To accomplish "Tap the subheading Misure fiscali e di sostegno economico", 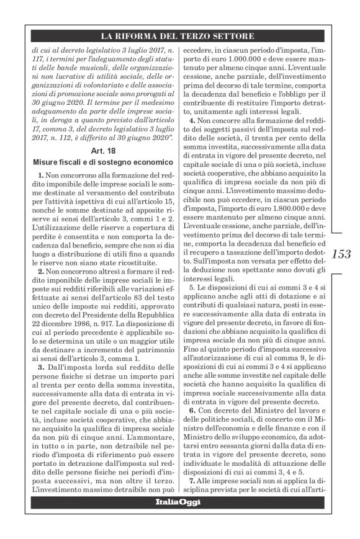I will click(101, 163).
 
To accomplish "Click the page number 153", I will click(341, 254).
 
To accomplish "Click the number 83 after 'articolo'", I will click(132, 301).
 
